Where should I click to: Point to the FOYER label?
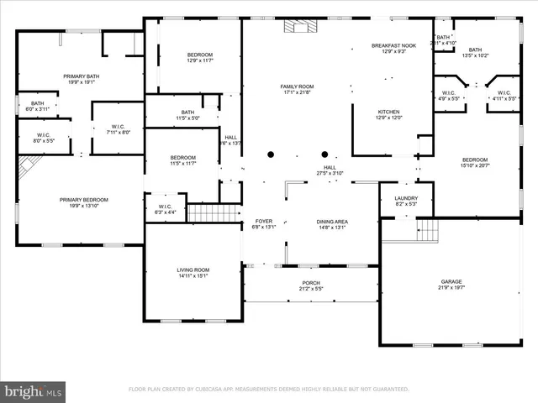pyautogui.click(x=264, y=222)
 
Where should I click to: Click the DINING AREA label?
pyautogui.click(x=332, y=222)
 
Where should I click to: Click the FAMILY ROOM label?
pyautogui.click(x=296, y=90)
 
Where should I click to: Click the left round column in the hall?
pyautogui.click(x=271, y=154)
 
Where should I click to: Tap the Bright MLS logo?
pyautogui.click(x=33, y=390)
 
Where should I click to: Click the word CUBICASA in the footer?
pyautogui.click(x=222, y=390)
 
